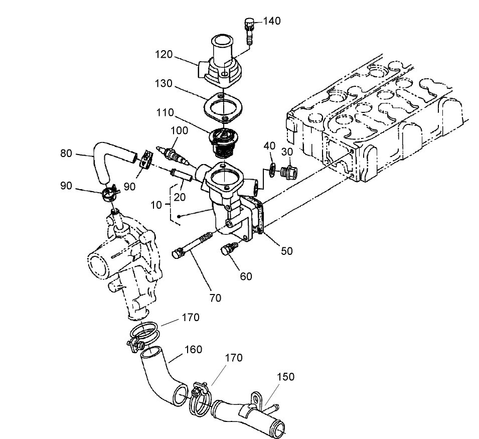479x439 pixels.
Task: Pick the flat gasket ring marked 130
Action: pos(223,108)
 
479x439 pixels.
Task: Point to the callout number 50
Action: pos(286,250)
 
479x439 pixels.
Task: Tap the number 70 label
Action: pos(216,298)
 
